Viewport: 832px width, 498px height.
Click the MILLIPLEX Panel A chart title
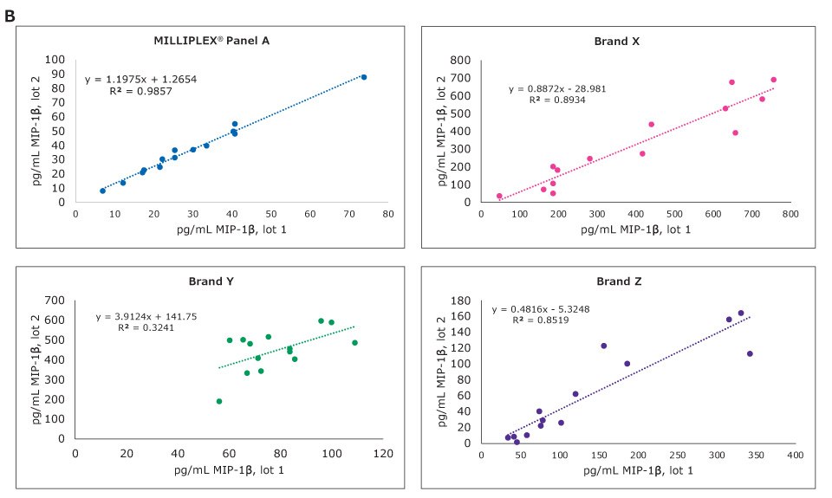(x=212, y=41)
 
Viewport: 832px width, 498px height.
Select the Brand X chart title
(x=617, y=41)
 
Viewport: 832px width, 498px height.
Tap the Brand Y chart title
(x=212, y=281)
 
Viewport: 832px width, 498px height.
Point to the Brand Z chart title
(x=617, y=281)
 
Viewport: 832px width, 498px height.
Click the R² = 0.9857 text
(x=140, y=90)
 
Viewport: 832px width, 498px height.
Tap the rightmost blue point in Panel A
(x=364, y=77)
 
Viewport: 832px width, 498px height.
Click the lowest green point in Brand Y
(x=219, y=401)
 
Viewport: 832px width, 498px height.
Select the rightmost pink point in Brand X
(x=774, y=80)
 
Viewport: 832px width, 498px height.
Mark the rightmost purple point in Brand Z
(x=750, y=353)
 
